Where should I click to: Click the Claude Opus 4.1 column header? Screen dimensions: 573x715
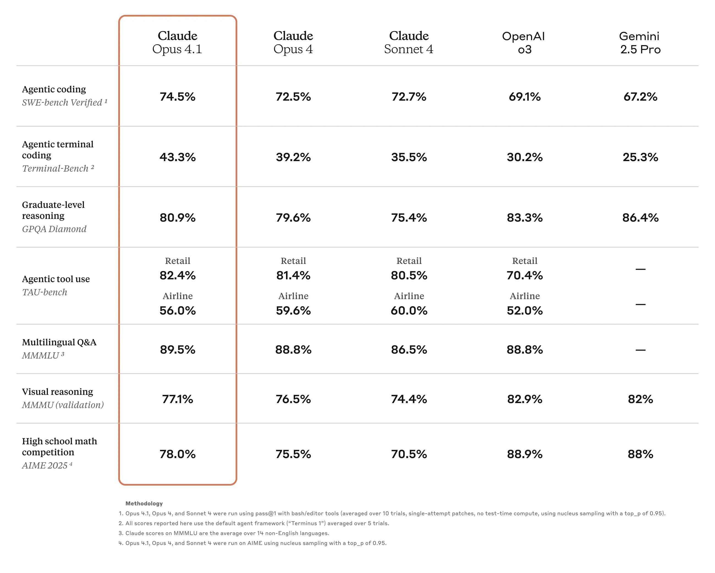tap(177, 42)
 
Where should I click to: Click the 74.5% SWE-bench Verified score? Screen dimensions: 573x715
tap(177, 97)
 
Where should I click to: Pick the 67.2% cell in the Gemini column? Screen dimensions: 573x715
tap(640, 97)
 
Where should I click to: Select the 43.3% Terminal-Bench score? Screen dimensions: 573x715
tap(177, 157)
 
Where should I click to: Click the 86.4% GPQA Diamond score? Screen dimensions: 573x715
tap(640, 217)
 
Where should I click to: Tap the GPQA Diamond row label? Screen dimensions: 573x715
tap(54, 229)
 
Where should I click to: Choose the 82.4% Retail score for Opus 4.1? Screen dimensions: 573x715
tap(177, 275)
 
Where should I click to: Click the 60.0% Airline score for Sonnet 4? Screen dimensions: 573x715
tap(409, 310)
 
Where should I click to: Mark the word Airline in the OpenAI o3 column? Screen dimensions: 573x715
tap(524, 296)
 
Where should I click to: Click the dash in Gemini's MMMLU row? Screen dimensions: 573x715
tap(640, 350)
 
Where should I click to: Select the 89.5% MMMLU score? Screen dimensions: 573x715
tap(177, 349)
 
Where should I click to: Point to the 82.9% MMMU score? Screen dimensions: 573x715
tap(524, 399)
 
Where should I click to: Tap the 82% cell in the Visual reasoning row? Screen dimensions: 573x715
tap(640, 399)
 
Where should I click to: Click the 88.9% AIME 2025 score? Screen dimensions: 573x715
tap(524, 454)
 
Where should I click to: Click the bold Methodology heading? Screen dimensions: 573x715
tap(144, 503)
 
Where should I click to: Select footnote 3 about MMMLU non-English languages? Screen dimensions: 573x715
tap(224, 533)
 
